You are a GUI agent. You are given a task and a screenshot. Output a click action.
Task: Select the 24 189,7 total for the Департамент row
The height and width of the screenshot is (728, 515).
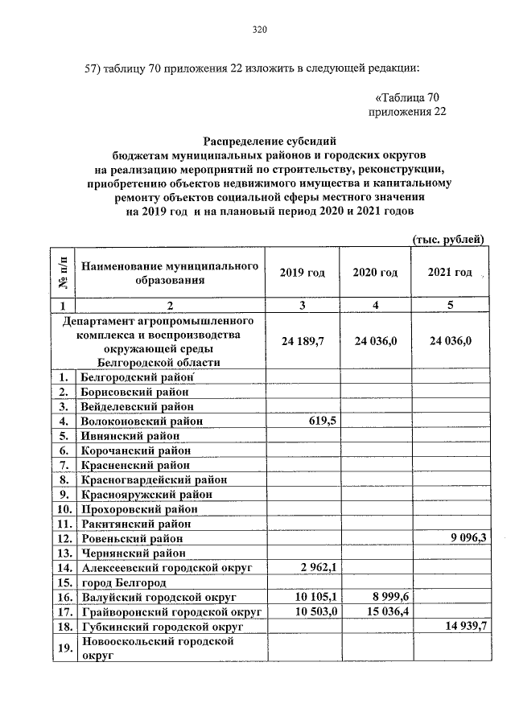coord(303,341)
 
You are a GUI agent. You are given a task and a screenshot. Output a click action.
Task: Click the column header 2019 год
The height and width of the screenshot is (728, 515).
coord(303,273)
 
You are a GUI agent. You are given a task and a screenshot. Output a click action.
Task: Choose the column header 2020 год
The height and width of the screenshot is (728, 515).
coord(375,273)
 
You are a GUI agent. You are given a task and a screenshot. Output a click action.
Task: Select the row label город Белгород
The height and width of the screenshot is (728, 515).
coord(123,582)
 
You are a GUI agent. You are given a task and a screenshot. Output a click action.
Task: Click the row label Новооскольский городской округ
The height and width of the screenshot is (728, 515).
coord(156,648)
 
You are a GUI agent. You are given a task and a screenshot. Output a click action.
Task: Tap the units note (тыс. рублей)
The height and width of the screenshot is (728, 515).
coord(448,239)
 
